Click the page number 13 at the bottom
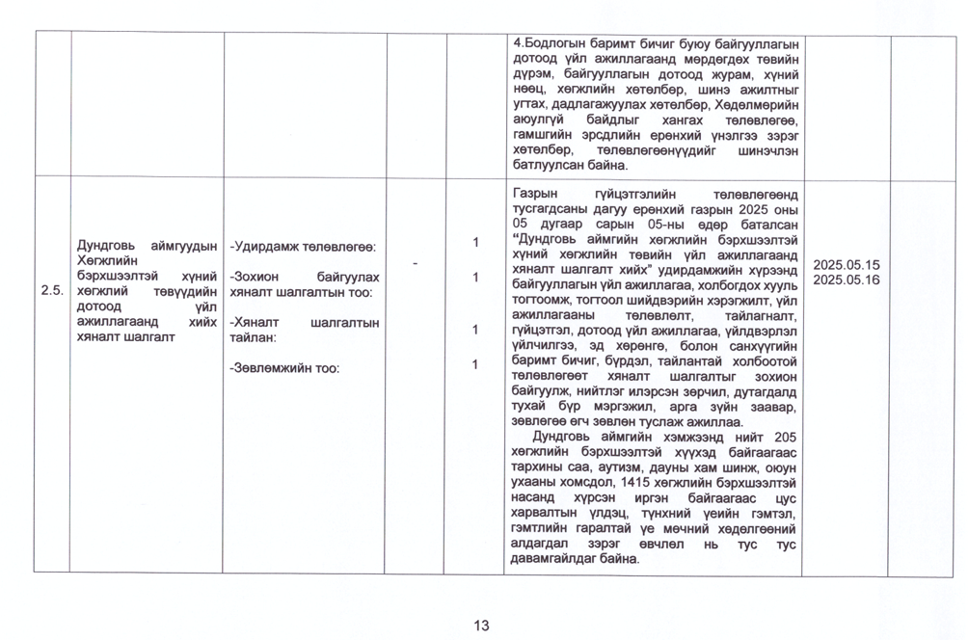click(482, 626)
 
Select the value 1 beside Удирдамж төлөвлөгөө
click(474, 242)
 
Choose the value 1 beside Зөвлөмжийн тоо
click(474, 364)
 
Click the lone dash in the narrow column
click(416, 262)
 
